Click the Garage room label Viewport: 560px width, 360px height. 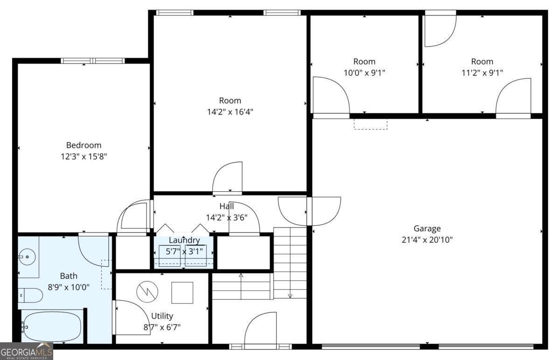point(427,228)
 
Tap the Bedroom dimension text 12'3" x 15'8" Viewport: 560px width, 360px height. point(84,157)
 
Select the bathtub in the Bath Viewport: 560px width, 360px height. point(52,326)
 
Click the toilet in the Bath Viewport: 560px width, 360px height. point(31,295)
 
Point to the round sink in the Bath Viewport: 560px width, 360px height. point(26,256)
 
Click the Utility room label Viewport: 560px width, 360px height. point(162,316)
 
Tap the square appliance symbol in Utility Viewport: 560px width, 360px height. point(182,293)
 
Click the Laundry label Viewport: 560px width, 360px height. point(184,241)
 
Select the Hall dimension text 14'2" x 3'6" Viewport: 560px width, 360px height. point(226,217)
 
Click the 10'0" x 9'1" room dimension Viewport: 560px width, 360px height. point(364,73)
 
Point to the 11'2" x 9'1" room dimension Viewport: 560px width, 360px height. point(482,73)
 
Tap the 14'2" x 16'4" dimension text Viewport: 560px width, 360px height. point(230,112)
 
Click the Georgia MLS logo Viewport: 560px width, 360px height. point(27,351)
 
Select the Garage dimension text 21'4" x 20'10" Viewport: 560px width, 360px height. point(427,240)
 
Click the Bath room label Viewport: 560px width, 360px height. point(69,276)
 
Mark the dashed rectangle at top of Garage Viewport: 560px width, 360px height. point(371,124)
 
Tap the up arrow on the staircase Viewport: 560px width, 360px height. point(241,276)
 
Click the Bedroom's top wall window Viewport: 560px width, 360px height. point(93,61)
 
